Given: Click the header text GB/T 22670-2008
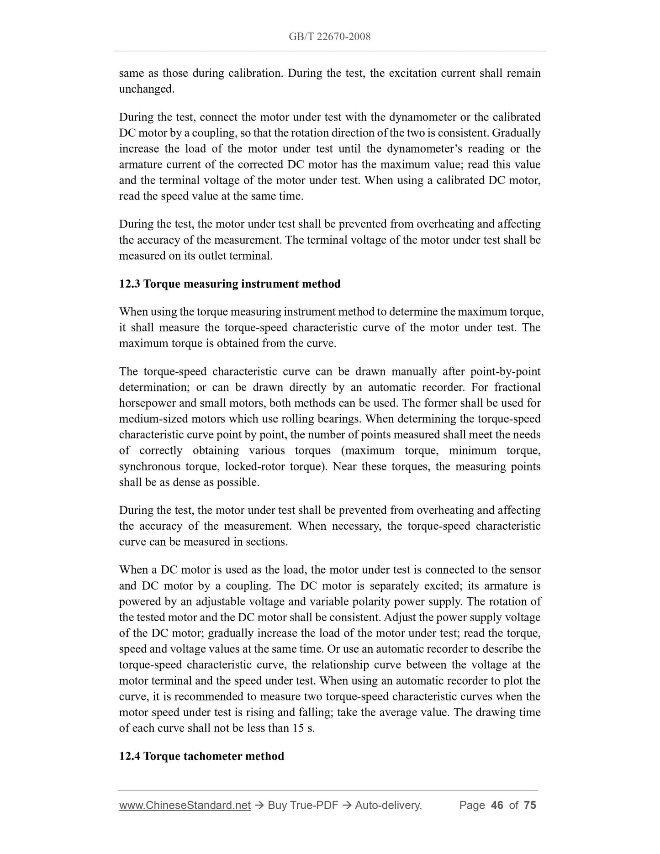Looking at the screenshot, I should click(x=329, y=37).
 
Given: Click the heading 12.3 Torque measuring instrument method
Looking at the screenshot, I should click(x=230, y=284).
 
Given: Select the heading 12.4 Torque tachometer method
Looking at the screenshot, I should click(x=201, y=756).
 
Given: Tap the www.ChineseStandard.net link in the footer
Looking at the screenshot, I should click(x=185, y=805).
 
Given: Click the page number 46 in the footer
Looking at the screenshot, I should click(x=496, y=805).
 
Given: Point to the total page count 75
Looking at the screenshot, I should click(x=530, y=805).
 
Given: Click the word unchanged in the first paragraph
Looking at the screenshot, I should click(x=146, y=89).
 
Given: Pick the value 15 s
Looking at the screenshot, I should click(x=303, y=728).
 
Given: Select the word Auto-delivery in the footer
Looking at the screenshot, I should click(x=388, y=805).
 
